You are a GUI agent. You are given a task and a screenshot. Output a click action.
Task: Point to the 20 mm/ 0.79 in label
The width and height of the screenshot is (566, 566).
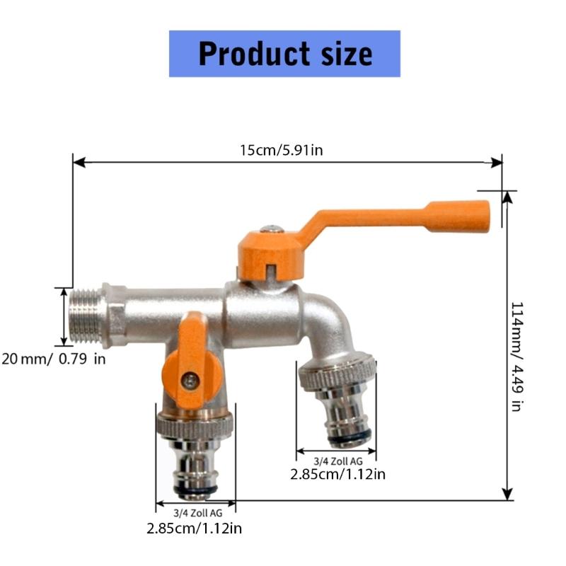coord(54,359)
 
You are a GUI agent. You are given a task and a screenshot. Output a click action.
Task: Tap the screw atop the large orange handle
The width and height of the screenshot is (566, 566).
coord(268,230)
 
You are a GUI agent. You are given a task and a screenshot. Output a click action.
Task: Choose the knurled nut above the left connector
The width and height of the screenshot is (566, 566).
coord(195,424)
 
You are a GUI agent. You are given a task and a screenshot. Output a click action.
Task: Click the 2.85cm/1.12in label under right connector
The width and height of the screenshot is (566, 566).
coord(337,474)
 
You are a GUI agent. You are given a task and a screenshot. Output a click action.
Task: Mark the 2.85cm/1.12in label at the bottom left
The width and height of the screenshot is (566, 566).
coord(195,528)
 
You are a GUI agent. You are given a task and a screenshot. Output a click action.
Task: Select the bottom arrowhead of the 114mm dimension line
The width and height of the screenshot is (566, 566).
coord(507,495)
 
